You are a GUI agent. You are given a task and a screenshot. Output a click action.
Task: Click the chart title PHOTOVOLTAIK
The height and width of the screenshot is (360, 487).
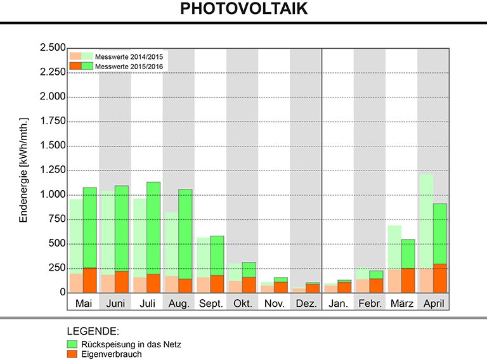coord(243,9)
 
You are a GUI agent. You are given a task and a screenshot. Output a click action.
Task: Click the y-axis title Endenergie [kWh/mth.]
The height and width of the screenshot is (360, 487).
coord(25,169)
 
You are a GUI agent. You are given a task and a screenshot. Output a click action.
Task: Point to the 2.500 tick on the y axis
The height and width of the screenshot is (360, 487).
coord(53,48)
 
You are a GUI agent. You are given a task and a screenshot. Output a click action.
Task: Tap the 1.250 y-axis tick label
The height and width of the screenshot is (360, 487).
coord(53,170)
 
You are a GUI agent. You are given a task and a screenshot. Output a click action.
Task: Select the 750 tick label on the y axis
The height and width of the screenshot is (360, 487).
coord(57,219)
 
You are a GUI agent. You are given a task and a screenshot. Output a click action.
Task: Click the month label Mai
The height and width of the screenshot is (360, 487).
coord(83,304)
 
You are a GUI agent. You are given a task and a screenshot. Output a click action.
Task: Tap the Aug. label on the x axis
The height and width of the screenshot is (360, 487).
coord(179,304)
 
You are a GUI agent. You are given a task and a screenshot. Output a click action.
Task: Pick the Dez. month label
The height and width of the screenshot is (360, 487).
coord(306,304)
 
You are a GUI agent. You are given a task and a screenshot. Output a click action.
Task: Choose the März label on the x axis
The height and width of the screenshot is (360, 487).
coord(401,304)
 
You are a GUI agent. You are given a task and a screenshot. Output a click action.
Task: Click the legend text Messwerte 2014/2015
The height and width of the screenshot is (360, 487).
coord(129,56)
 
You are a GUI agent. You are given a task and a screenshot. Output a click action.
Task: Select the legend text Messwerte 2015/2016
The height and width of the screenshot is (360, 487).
coord(129,66)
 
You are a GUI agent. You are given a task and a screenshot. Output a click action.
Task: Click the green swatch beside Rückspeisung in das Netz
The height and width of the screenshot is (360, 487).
coord(72,344)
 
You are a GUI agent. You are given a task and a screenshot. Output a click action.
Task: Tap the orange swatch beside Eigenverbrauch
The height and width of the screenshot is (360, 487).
coord(72,354)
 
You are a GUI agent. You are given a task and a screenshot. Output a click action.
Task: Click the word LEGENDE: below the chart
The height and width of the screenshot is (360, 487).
coord(93,331)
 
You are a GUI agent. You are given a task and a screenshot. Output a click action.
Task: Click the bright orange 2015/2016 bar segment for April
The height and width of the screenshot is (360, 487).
coord(439,278)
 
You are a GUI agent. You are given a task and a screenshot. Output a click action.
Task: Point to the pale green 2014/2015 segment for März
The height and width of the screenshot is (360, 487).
coord(393,247)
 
